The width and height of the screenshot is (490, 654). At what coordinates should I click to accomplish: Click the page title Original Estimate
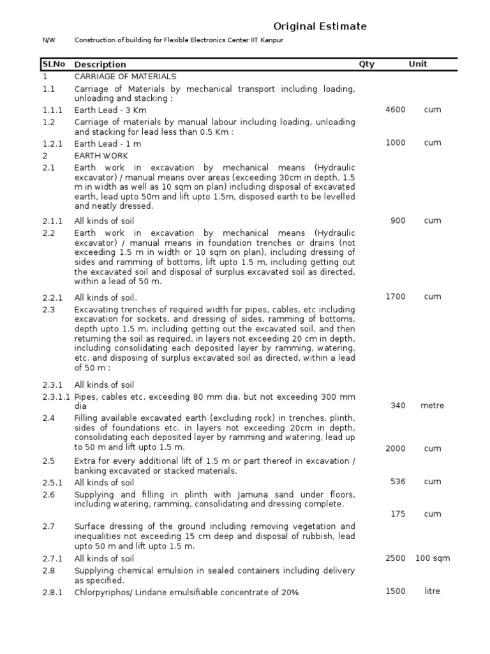[320, 26]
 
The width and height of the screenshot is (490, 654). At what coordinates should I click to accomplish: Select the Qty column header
[366, 64]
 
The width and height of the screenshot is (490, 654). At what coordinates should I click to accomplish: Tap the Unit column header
[418, 64]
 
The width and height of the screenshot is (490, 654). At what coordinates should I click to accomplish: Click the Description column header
[100, 65]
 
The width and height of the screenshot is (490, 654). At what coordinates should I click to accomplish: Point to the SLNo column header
[53, 64]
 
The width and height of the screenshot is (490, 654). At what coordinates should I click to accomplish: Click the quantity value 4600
[395, 110]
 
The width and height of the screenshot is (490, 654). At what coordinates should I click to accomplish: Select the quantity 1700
[395, 296]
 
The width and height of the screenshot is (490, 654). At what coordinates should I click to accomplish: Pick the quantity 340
[397, 406]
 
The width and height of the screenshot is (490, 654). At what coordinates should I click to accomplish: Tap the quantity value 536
[397, 482]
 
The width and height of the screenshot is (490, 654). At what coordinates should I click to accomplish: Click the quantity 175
[397, 513]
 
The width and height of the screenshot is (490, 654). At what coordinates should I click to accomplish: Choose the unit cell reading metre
[432, 406]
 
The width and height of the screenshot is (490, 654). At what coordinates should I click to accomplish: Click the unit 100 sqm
[432, 558]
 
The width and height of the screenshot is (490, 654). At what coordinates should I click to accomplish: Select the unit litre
[432, 591]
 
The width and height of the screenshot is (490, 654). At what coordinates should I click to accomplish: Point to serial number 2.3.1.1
[56, 397]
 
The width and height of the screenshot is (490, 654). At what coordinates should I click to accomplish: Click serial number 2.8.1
[53, 593]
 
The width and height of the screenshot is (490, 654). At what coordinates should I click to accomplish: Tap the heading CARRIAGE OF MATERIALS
[121, 76]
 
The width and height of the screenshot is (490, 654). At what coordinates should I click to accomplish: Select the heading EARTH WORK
[101, 156]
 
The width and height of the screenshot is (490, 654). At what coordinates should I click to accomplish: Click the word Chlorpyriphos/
[102, 593]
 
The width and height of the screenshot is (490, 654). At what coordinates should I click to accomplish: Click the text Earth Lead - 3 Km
[110, 110]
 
